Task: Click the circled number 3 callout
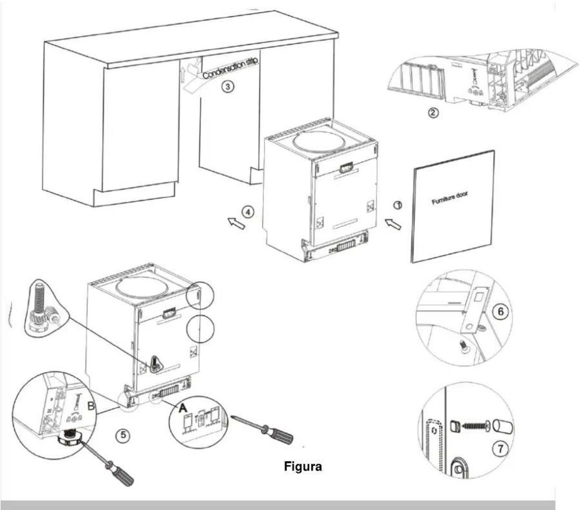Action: [x=228, y=86]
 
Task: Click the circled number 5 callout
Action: [x=124, y=435]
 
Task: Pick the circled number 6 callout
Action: [x=501, y=312]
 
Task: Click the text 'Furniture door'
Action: [x=449, y=198]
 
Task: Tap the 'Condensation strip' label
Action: [x=230, y=68]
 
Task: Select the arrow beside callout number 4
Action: [x=235, y=222]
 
